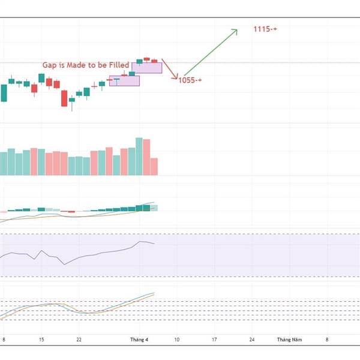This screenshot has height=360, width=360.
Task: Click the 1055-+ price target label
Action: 190,80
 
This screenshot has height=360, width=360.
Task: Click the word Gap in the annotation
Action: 49,65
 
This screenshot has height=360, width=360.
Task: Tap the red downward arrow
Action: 169,69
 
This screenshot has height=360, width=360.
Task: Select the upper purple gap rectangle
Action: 147,68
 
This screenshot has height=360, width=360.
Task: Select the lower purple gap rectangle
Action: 124,80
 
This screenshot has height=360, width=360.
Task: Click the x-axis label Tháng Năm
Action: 289,340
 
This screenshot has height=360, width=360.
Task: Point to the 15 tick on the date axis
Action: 41,340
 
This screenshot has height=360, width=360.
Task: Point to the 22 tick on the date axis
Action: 79,340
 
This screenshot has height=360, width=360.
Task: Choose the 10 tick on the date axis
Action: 176,340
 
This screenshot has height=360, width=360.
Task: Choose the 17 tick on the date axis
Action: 214,340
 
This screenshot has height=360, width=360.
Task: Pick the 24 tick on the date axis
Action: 252,340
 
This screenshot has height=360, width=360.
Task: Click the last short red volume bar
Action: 154,166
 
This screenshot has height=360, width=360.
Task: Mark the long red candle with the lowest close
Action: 65,98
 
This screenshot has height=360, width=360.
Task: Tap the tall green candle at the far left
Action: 4,93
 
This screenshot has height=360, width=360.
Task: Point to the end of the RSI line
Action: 154,244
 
